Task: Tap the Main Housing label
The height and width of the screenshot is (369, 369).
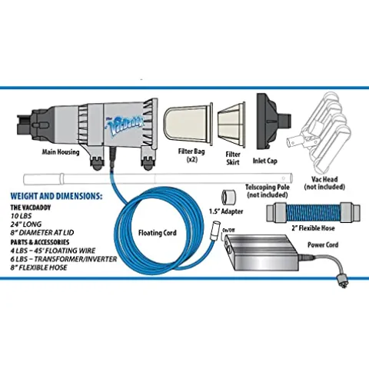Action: coord(61,152)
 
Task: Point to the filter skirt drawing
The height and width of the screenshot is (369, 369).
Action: coord(231,125)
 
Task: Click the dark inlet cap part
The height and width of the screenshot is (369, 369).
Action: coord(274,121)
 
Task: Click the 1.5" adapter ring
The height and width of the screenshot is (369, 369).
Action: coord(228,198)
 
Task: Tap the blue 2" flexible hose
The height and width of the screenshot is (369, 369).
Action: coord(313,213)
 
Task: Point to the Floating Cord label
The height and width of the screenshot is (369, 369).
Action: coord(158,233)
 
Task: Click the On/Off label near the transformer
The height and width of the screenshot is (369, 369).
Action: coord(228,230)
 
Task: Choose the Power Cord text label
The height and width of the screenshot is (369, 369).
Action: coord(323,244)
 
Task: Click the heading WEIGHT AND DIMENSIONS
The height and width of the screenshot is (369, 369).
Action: coord(56,197)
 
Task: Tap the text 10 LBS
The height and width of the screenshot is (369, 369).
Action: coord(21,216)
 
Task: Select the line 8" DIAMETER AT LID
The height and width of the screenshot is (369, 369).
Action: coord(42,233)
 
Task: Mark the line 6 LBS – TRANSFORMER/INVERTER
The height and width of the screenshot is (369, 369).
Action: coord(64,259)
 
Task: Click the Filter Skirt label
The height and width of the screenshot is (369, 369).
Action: coord(233,158)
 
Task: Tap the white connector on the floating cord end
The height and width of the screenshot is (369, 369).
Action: coord(214,231)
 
